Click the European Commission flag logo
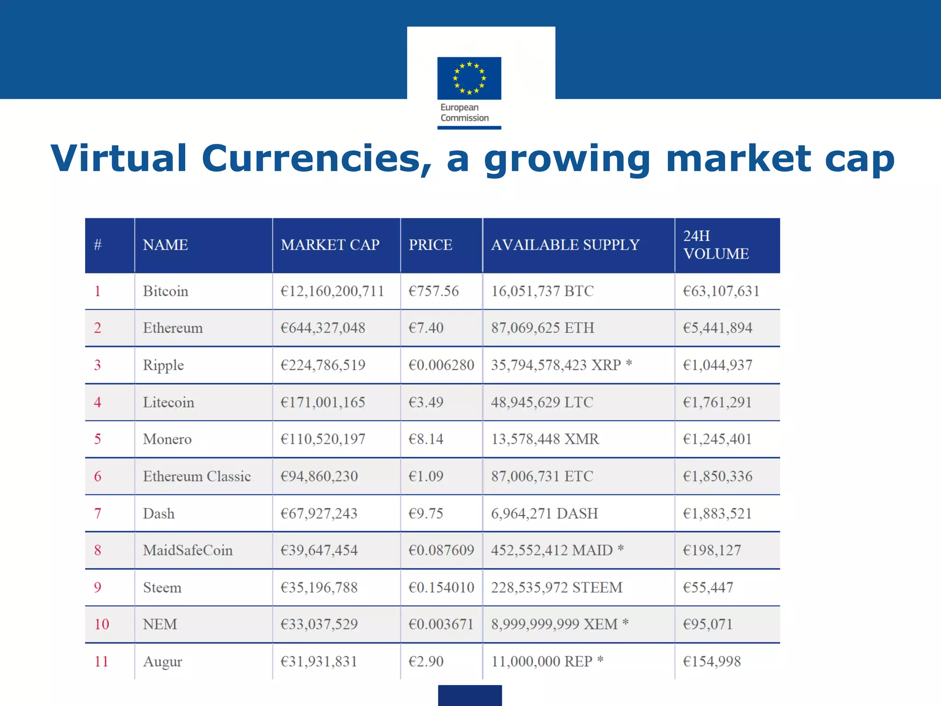coord(469,78)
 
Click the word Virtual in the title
coord(119,159)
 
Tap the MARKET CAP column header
coord(330,245)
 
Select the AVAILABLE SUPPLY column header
coord(565,245)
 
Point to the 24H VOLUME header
coord(715,245)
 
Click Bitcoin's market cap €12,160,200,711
coord(332,291)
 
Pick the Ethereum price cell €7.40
coord(426,328)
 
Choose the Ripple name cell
coord(163,365)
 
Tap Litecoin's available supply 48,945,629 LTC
coord(542,403)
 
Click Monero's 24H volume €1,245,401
coord(717,439)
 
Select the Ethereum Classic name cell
coord(197,477)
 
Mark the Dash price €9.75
coord(426,513)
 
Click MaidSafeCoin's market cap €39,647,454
coord(319,551)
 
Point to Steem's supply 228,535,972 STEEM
coord(556,588)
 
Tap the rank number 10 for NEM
coord(102,625)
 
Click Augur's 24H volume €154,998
coord(712,662)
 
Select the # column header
coord(97,245)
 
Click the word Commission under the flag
coord(465,118)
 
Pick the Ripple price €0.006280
coord(441,365)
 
